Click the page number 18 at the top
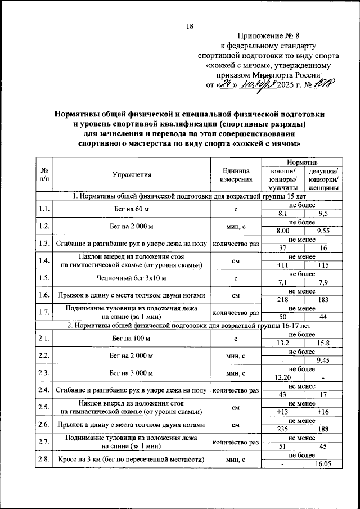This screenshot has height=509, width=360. coord(190,26)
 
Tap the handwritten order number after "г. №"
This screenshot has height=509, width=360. coord(325,85)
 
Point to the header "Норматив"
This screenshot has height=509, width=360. coord(303,162)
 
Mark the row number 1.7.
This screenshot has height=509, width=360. coord(44,312)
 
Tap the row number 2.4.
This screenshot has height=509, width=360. coord(44,389)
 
